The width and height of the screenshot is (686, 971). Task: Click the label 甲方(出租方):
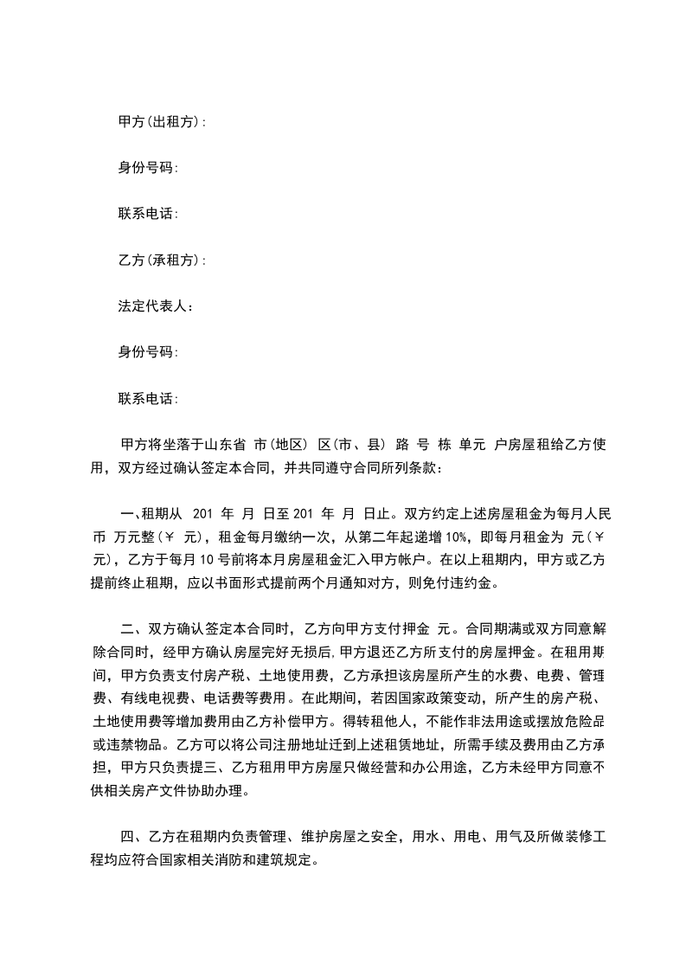click(162, 122)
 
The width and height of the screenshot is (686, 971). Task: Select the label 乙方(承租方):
click(162, 260)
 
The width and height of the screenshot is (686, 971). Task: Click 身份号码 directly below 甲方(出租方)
click(148, 169)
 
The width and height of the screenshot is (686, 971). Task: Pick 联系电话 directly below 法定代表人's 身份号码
click(148, 399)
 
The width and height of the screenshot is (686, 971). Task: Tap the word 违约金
click(480, 582)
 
